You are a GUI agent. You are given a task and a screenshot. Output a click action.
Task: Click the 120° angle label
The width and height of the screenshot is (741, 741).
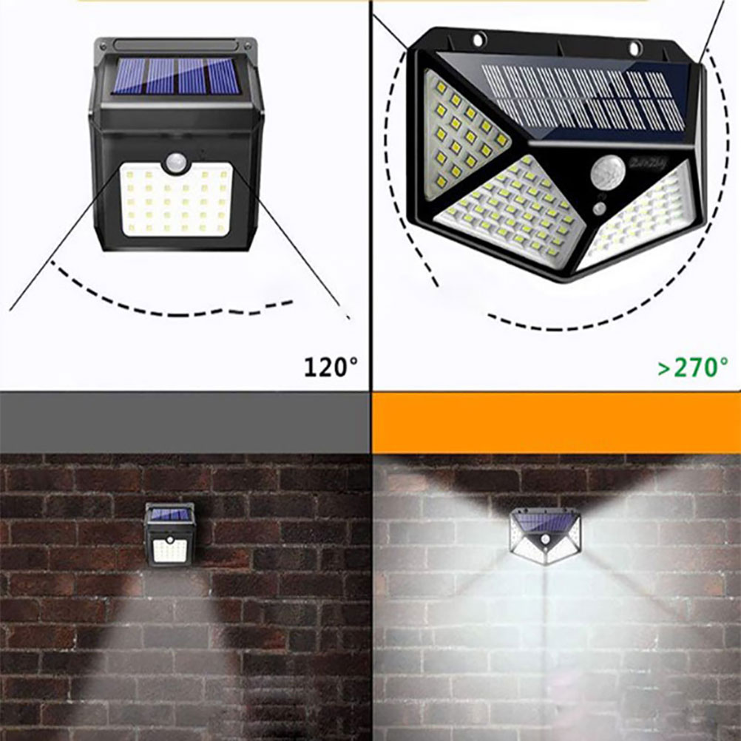tap(331, 367)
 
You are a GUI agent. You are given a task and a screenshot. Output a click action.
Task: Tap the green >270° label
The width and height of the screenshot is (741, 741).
tap(693, 367)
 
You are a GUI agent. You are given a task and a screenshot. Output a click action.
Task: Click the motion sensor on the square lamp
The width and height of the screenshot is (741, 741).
tap(175, 162)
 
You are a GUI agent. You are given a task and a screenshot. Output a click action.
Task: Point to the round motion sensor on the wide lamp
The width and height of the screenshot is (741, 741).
tap(607, 173)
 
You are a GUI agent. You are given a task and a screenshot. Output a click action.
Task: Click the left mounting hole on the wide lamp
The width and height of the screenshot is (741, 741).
tap(478, 39)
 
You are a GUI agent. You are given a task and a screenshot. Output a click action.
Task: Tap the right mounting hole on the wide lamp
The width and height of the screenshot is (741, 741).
tap(635, 47)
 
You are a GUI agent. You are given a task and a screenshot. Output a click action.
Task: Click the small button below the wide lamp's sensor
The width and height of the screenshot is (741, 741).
tap(600, 209)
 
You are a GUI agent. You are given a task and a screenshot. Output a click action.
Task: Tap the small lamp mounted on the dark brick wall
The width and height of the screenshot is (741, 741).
tap(169, 534)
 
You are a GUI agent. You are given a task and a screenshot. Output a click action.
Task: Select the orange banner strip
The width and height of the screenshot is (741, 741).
tap(556, 422)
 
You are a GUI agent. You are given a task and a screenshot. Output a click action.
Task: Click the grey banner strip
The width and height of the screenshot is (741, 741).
tap(185, 422)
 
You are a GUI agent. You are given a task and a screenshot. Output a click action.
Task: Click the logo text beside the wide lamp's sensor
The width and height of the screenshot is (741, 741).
tap(648, 163)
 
